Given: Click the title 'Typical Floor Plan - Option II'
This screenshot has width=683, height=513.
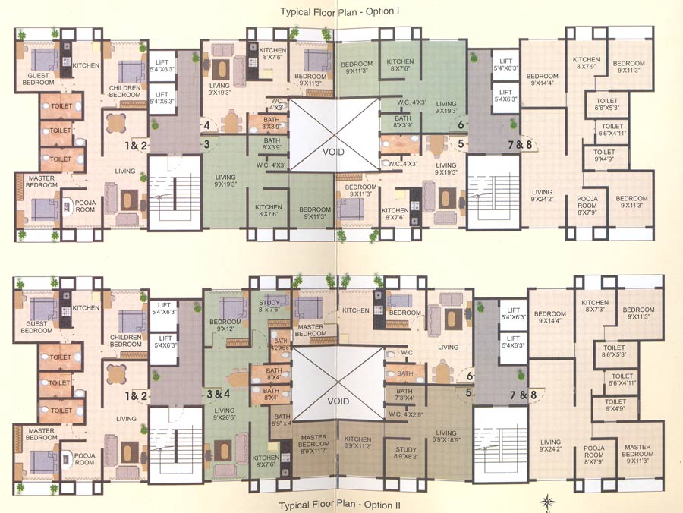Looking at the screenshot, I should tap(339, 504).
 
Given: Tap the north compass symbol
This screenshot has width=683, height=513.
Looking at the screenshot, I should tap(549, 502).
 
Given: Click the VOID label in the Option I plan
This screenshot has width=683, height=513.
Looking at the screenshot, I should tap(334, 152).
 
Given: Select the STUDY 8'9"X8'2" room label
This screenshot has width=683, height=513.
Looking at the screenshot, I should tap(405, 453).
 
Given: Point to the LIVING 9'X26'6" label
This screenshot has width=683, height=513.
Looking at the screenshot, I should tap(228, 413).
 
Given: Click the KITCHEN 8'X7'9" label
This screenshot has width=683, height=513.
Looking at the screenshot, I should tap(587, 63).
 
